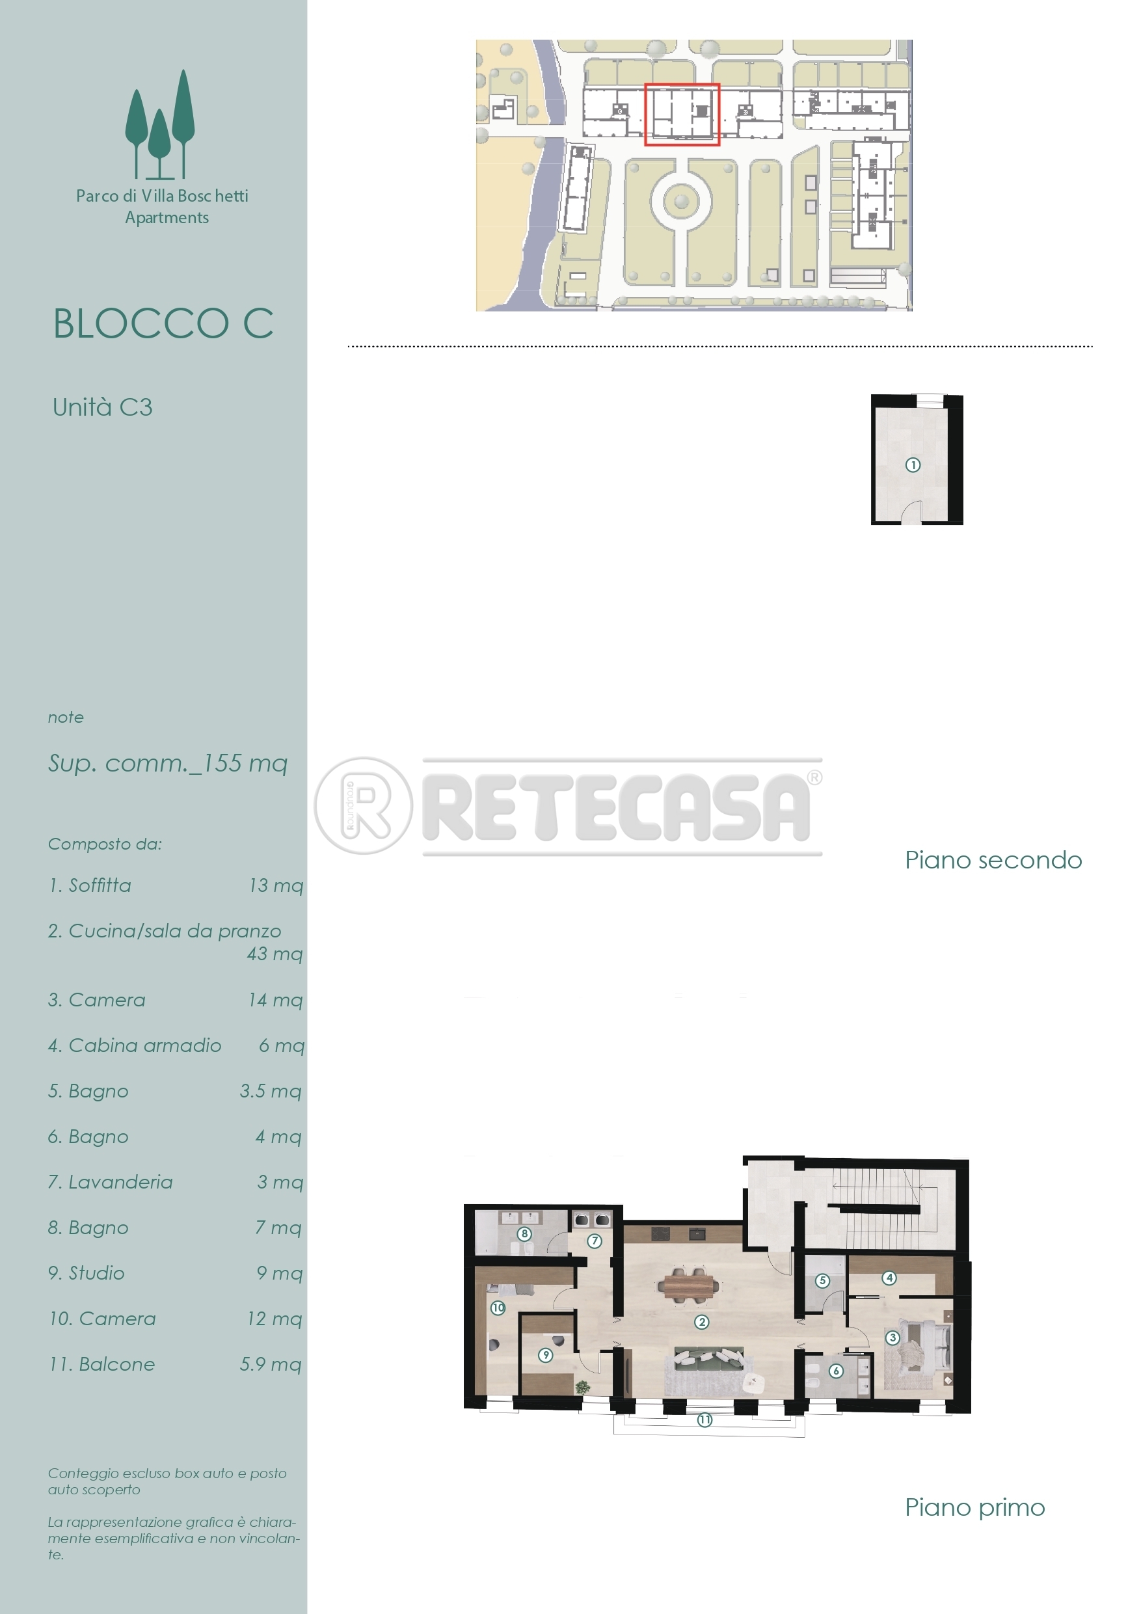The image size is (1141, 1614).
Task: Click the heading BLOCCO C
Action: point(163,324)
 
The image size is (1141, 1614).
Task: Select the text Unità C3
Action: point(103,408)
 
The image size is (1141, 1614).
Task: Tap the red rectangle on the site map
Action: point(682,114)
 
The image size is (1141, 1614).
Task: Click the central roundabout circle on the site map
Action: point(680,202)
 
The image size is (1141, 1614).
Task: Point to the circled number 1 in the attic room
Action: point(913,464)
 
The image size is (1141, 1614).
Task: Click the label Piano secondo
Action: point(993,860)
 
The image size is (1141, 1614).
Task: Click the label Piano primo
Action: point(974,1507)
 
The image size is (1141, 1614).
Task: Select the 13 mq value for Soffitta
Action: point(276,886)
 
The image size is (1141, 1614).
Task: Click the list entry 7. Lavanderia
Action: point(111,1183)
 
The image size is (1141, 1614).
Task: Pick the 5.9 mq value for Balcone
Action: point(271,1364)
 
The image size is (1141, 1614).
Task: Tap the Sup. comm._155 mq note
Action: point(168,764)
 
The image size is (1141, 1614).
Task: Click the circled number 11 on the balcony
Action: point(705,1420)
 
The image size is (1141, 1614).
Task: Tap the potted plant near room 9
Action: point(582,1387)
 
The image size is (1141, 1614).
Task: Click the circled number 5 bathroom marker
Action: point(822,1281)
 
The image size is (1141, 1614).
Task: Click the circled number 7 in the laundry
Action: point(594,1241)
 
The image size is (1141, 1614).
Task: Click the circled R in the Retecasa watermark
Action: point(364,805)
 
